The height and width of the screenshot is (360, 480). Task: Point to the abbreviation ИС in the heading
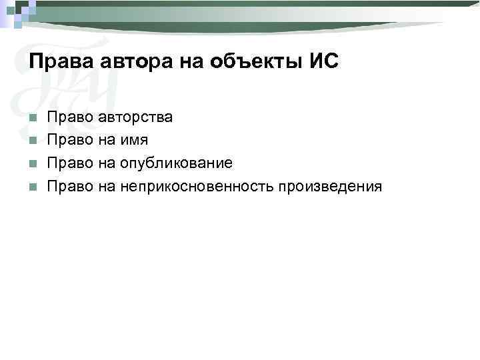pos(324,62)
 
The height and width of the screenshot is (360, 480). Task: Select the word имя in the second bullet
pos(135,140)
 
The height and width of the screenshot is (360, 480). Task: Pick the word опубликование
pos(176,163)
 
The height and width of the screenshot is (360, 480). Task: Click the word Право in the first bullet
pos(69,117)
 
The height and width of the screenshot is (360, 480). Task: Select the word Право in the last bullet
pos(69,186)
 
